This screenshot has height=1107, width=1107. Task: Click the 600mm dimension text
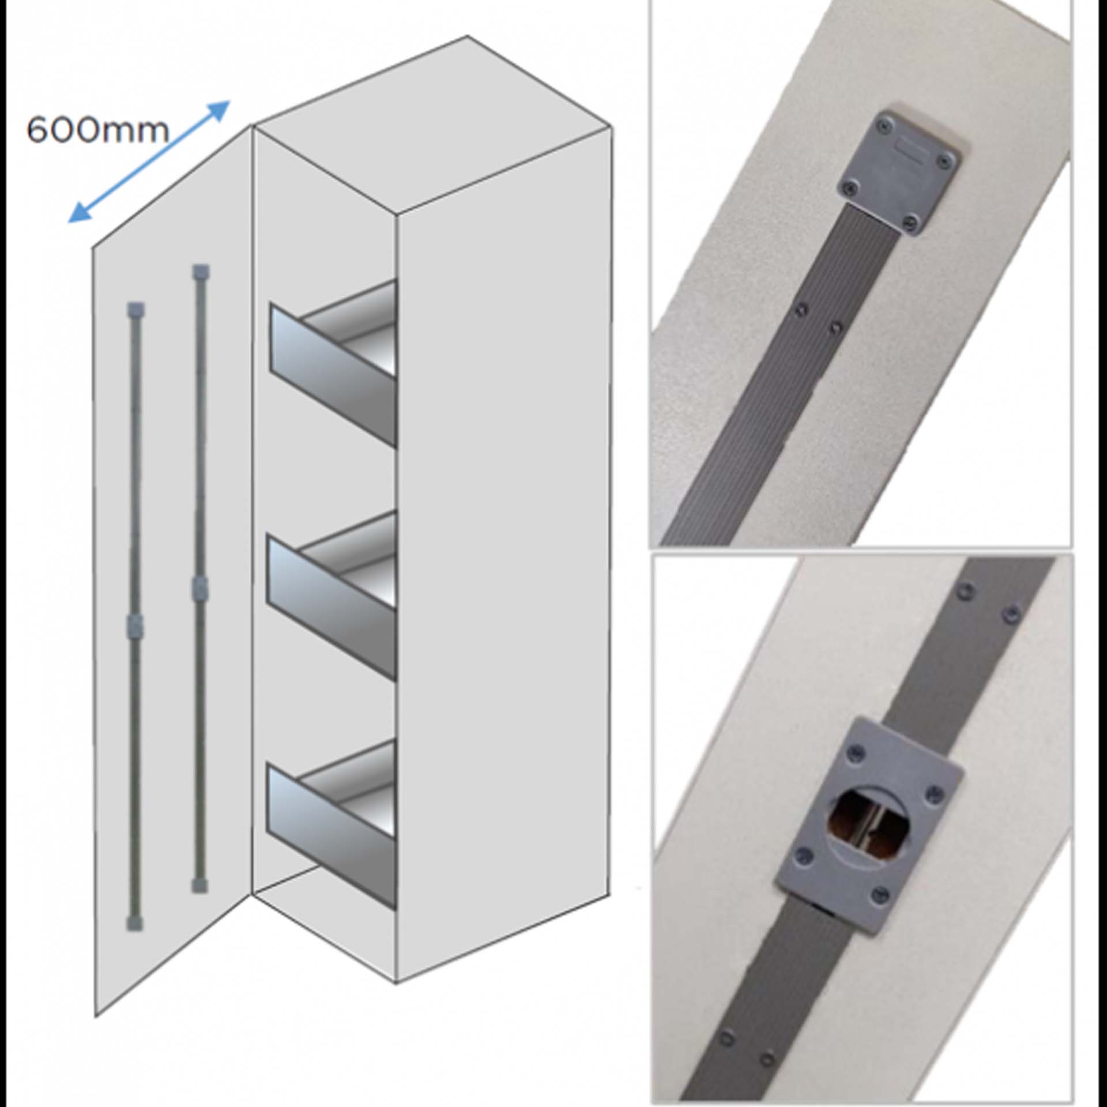pyautogui.click(x=98, y=131)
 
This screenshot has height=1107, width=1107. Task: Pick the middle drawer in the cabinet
pyautogui.click(x=332, y=594)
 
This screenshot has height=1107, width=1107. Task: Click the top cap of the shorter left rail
pyautogui.click(x=135, y=310)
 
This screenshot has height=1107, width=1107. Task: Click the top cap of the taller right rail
pyautogui.click(x=201, y=272)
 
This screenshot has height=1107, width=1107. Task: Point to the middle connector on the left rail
pyautogui.click(x=134, y=625)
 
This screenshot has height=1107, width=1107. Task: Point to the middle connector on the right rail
pyautogui.click(x=199, y=588)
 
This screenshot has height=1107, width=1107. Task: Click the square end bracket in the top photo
pyautogui.click(x=897, y=172)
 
